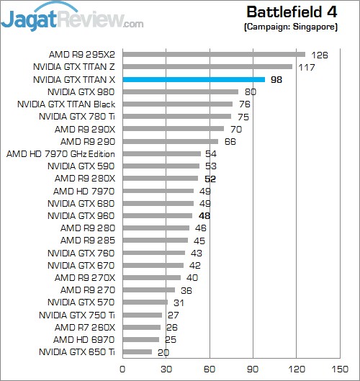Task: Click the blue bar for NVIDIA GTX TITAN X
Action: coord(193,79)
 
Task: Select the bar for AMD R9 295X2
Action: coord(213,54)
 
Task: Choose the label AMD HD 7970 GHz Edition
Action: coord(60,154)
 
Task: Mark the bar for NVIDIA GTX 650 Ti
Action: coord(137,352)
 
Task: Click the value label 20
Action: coord(163,352)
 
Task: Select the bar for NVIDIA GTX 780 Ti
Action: coord(176,117)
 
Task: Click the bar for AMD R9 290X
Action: coord(173,129)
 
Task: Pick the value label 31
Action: coord(179,302)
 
